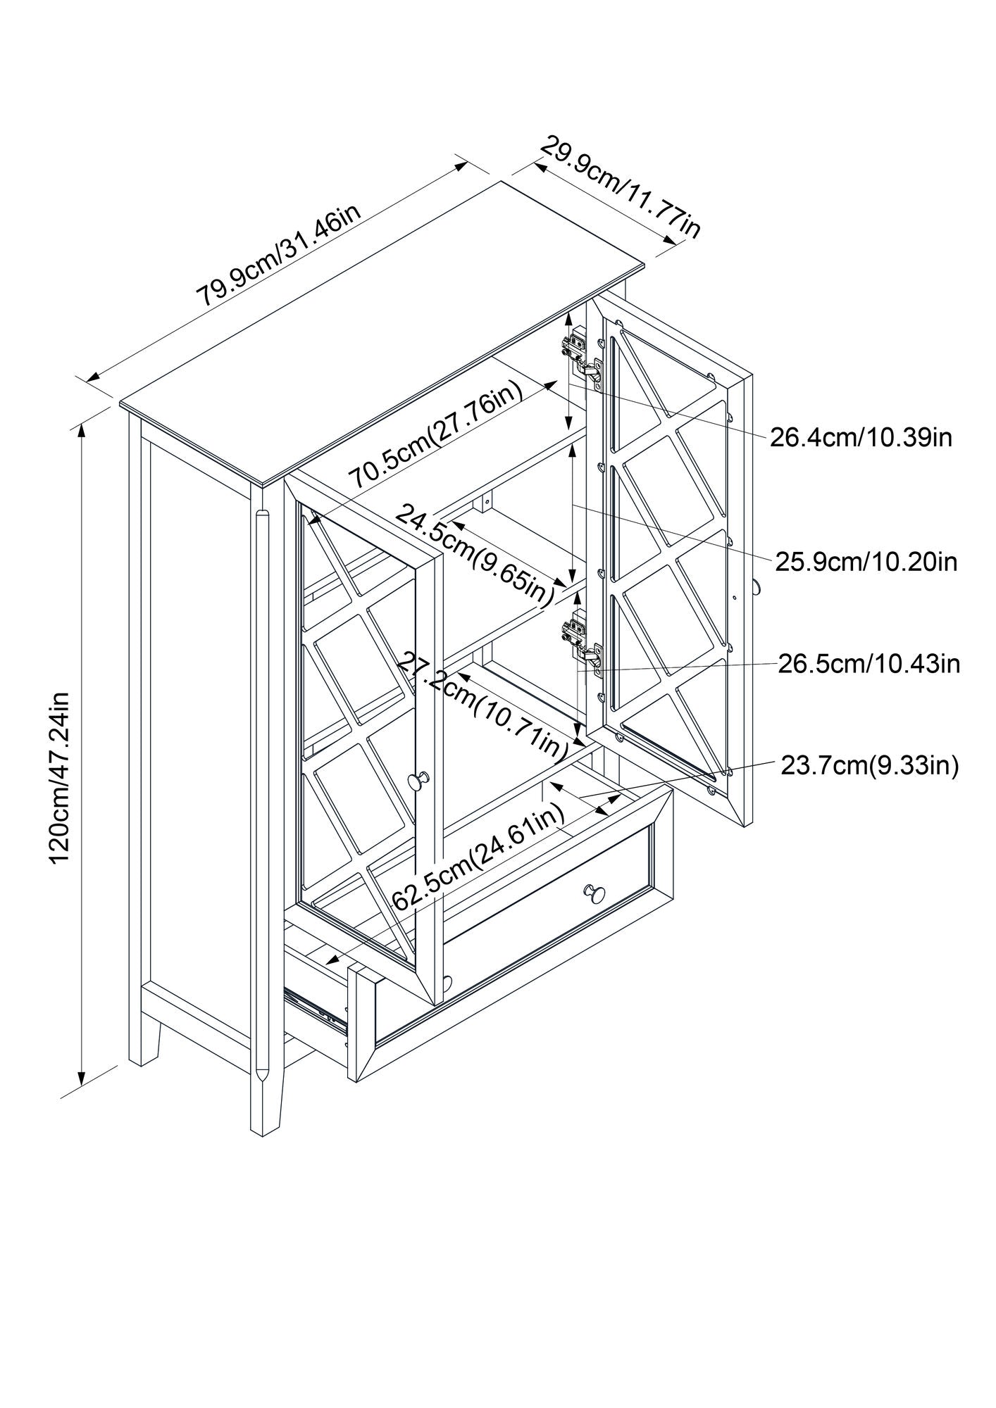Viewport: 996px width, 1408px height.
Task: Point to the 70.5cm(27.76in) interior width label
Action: tap(437, 436)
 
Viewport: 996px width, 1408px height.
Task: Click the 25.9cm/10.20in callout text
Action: tap(866, 562)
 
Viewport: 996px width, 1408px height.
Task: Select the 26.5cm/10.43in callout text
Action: tap(869, 664)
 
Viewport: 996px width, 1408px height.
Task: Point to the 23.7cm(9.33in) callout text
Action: tap(869, 765)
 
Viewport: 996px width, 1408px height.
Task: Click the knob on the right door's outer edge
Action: tap(756, 586)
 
